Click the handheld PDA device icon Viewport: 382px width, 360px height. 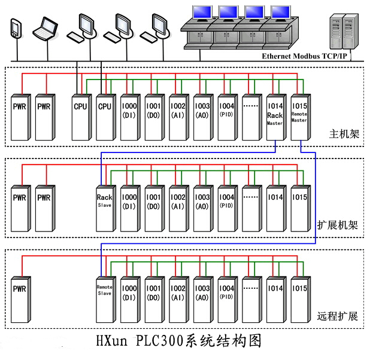click(16, 29)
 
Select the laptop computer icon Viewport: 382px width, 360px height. click(46, 28)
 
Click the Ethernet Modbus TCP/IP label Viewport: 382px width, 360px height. click(304, 56)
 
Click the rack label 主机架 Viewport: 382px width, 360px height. click(344, 133)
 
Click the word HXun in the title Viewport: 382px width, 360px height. click(113, 342)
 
